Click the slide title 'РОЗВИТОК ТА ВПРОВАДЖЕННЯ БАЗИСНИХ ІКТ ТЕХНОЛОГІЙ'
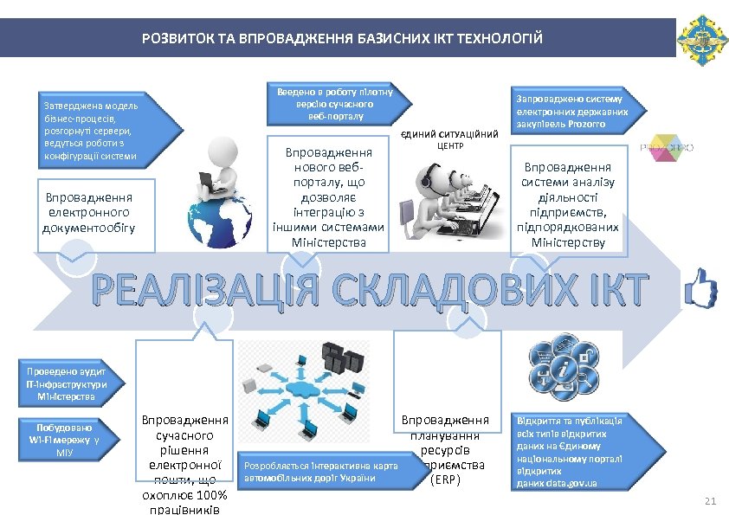[x=343, y=39]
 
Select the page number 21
[x=712, y=502]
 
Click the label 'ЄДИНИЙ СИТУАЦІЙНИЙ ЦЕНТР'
[x=450, y=140]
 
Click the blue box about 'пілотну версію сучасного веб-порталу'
[x=335, y=104]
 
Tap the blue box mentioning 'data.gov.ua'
[x=568, y=451]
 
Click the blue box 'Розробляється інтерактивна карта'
[x=321, y=471]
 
